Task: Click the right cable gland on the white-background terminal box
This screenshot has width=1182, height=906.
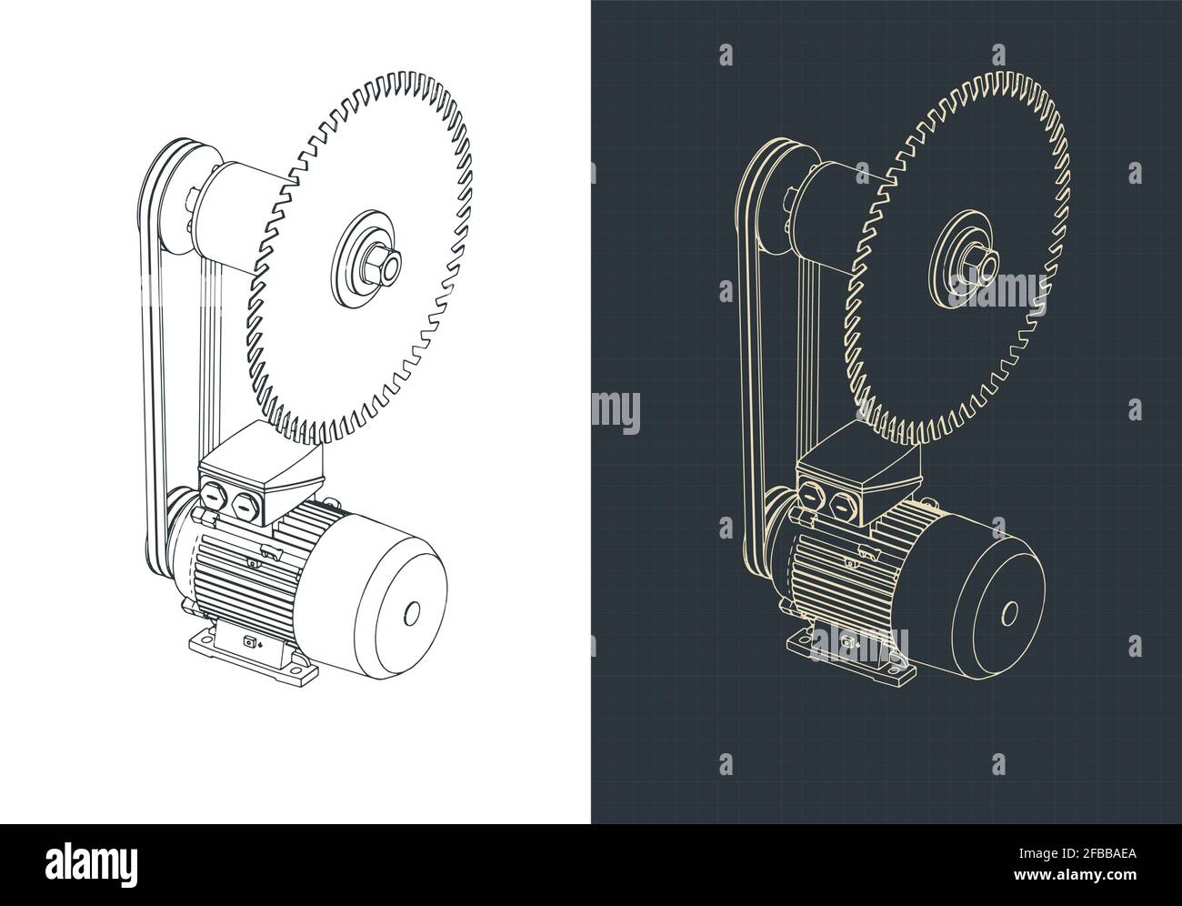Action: pos(244,506)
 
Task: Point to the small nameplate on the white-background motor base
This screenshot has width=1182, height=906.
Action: pos(248,643)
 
